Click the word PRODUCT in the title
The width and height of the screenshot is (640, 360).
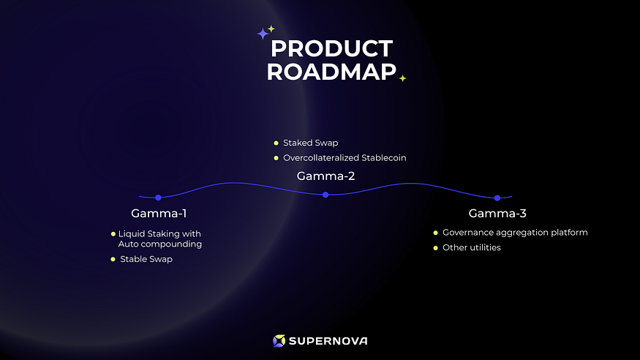[x=331, y=49]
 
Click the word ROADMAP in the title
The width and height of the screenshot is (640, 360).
[x=331, y=72]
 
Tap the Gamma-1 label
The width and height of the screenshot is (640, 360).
[x=159, y=214]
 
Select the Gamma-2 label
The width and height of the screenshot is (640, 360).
[x=325, y=176]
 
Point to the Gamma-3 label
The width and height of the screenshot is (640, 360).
[x=497, y=214]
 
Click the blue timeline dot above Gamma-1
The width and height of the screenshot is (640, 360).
[x=158, y=198]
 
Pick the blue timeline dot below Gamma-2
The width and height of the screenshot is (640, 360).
[x=325, y=195]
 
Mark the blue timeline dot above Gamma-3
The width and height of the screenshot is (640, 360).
[x=497, y=198]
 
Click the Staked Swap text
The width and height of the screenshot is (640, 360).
[x=310, y=143]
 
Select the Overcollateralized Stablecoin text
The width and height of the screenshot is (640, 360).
[x=344, y=157]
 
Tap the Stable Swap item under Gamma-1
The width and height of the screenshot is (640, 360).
[x=146, y=259]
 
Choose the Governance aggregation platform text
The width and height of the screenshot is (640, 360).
[x=515, y=233]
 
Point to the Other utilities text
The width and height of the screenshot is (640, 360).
[x=472, y=247]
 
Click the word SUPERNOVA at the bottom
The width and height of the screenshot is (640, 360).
[x=328, y=341]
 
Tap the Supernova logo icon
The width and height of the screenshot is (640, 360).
[x=279, y=341]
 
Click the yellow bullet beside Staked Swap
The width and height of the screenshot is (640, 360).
[x=276, y=143]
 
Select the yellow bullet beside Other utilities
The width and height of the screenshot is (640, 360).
[x=435, y=247]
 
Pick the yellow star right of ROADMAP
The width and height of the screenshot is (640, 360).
[x=402, y=78]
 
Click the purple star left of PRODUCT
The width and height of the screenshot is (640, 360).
[x=263, y=34]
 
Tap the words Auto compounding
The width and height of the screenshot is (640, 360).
[x=160, y=244]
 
